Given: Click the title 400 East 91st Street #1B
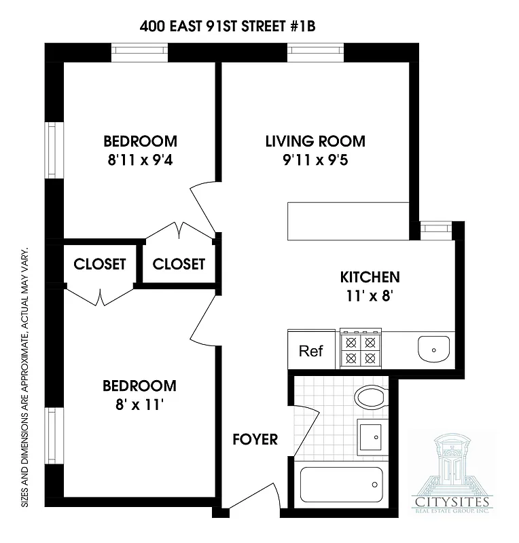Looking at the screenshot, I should (x=228, y=26).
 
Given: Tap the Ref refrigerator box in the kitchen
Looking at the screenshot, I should (x=311, y=351).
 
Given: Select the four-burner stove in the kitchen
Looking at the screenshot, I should (x=360, y=349).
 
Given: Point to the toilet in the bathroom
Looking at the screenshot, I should (x=371, y=397).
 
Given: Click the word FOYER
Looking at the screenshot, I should (x=255, y=439).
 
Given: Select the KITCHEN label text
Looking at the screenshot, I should (x=370, y=277).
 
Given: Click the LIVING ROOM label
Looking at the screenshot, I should (x=315, y=141).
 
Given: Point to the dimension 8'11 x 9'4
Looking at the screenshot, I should (x=141, y=162).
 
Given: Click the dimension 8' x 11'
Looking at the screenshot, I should (x=139, y=406).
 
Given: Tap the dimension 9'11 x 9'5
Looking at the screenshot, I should (x=315, y=162).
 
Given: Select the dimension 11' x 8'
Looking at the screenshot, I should (x=369, y=296).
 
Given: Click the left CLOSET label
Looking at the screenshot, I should (x=100, y=264).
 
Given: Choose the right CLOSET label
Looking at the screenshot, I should (x=179, y=264).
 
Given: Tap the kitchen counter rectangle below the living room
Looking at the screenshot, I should (x=348, y=220).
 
